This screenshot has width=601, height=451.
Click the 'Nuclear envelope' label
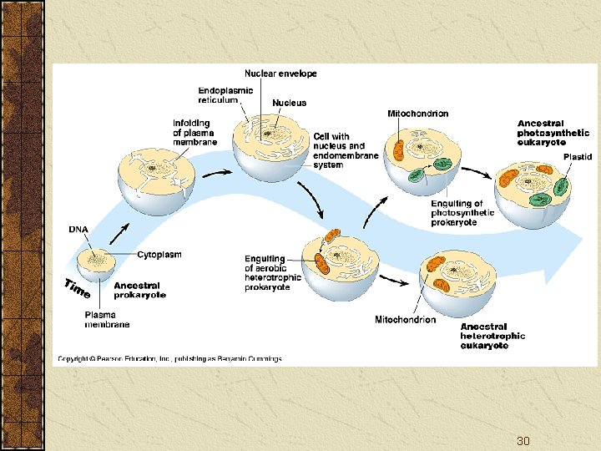(x=280, y=73)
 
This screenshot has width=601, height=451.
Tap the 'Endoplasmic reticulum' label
(x=225, y=95)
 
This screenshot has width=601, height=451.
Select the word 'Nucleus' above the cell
(x=289, y=103)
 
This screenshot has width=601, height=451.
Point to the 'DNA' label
(x=78, y=230)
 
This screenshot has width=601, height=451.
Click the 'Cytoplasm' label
(x=159, y=255)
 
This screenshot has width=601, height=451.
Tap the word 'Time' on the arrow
(x=78, y=288)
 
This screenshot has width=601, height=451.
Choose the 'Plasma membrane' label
(x=107, y=319)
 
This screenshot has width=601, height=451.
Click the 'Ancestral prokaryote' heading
(x=140, y=291)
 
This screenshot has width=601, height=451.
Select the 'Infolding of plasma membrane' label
(x=194, y=133)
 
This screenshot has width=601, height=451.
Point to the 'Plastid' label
(x=578, y=157)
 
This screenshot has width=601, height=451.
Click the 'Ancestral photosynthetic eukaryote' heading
(x=553, y=133)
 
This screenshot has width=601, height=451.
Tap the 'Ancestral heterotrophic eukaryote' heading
(x=492, y=336)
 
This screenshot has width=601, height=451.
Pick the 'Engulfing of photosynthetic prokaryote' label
(x=462, y=213)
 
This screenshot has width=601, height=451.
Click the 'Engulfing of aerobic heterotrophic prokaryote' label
(x=272, y=272)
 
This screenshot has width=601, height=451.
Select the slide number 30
(x=523, y=441)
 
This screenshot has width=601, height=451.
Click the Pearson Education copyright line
(x=169, y=358)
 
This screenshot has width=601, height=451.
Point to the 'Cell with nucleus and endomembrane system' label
(x=346, y=150)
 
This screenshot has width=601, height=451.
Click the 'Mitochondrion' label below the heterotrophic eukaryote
(x=405, y=319)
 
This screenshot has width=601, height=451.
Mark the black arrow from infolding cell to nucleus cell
(x=217, y=174)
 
